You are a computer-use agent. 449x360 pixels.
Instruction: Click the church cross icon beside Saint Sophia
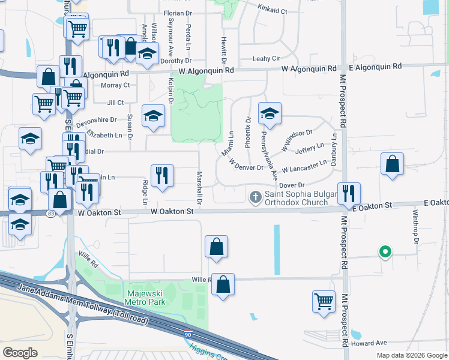click(x=255, y=197)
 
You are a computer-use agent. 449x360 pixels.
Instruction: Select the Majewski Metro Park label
click(x=145, y=298)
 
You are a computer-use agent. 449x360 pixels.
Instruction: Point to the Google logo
click(x=20, y=352)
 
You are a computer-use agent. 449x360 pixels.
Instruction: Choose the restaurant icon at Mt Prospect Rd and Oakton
click(x=349, y=193)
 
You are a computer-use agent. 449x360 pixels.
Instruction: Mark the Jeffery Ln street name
click(x=309, y=147)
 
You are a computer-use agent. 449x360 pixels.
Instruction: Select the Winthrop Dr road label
click(x=415, y=226)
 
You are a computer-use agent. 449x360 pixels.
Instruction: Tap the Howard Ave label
click(x=369, y=343)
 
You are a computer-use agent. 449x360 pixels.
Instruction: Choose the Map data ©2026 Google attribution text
click(x=411, y=355)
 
